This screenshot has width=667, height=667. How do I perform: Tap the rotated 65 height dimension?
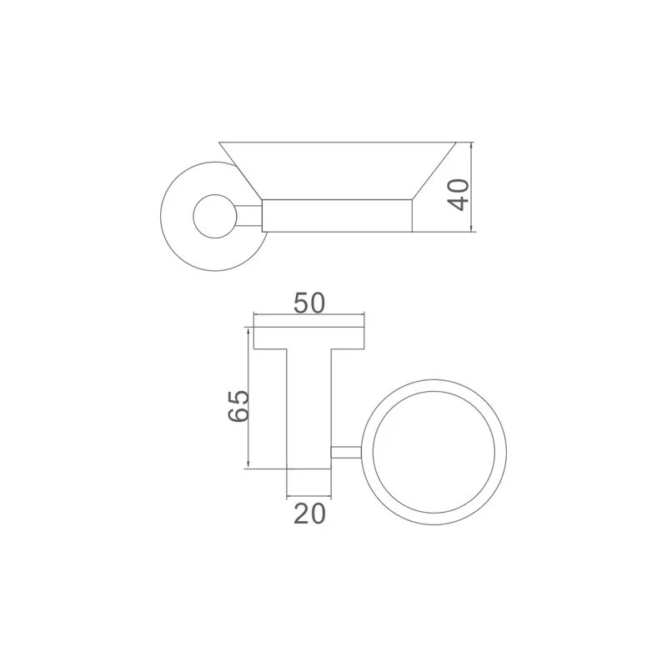[x=238, y=405]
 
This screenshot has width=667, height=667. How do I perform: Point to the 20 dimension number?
[x=308, y=514]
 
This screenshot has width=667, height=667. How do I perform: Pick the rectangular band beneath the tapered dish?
[x=337, y=215]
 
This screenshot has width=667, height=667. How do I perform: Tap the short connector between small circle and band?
[x=248, y=215]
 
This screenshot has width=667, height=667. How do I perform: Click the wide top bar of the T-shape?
[x=309, y=338]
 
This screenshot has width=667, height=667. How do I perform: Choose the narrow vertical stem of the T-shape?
[x=309, y=409]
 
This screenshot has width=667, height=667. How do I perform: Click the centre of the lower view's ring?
[x=438, y=453]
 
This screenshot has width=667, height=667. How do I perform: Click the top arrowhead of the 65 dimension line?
[x=248, y=330]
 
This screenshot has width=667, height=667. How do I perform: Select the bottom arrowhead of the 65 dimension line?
[x=248, y=465]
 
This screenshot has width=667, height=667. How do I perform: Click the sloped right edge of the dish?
[x=435, y=171]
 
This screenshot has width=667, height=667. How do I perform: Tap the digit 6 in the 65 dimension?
[x=238, y=415]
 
